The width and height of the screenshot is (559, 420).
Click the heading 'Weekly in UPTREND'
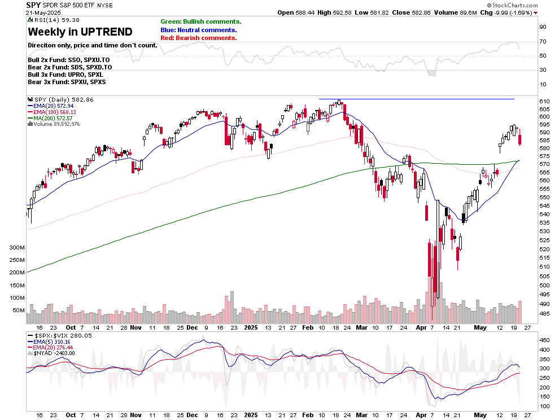click(x=80, y=32)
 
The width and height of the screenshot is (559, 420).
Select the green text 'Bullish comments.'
click(x=200, y=21)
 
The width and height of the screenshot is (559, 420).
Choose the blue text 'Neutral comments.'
click(x=198, y=30)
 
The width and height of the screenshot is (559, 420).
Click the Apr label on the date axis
click(x=422, y=327)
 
